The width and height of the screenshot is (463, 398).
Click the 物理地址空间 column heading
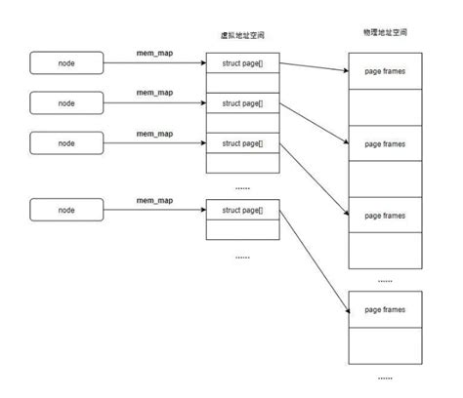tap(385, 33)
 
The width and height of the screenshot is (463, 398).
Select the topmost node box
tap(66, 63)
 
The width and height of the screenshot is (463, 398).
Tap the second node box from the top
tap(66, 102)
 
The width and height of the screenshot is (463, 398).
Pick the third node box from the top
tap(66, 142)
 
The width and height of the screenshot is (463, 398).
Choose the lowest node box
tap(66, 210)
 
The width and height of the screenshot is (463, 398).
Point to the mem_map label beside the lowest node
tap(153, 199)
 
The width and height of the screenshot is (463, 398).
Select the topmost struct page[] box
tap(242, 63)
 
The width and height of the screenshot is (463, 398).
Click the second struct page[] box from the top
tap(242, 103)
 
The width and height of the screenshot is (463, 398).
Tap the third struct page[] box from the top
tap(242, 143)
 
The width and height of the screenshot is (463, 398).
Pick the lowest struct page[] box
tap(242, 210)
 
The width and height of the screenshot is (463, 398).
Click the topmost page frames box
tap(385, 71)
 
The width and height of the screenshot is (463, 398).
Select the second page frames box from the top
tap(385, 142)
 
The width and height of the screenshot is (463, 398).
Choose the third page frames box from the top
tap(385, 214)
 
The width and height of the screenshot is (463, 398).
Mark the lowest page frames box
tap(385, 309)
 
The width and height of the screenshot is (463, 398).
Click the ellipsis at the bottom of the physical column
tap(385, 377)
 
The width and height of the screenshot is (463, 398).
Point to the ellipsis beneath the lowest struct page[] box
tap(242, 257)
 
